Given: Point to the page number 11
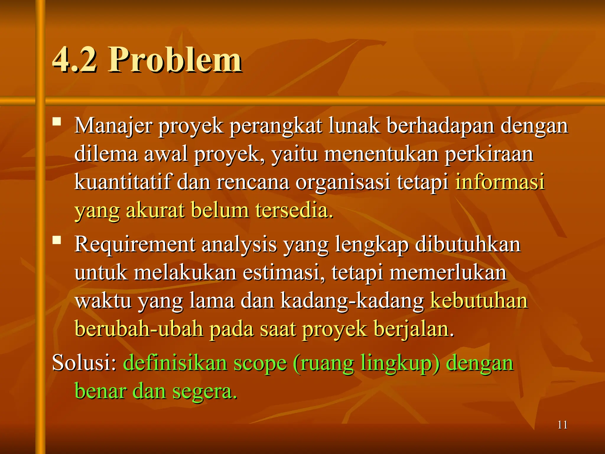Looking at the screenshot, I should point(562,425).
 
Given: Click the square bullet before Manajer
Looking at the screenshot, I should point(57,122).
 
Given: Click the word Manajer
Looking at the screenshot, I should point(113,126).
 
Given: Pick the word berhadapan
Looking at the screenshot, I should point(440,126).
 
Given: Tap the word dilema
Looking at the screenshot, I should point(106,154).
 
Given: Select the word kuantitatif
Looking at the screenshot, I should point(122,182).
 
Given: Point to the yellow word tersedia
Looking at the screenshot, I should point(294,210).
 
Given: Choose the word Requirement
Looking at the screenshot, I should point(135,245).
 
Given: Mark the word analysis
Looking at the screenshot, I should point(239,245).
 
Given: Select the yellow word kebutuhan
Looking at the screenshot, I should point(479,301).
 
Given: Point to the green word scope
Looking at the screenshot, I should point(260,364).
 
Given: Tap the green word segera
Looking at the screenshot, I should point(204,391).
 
